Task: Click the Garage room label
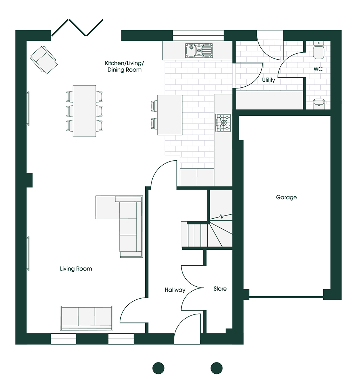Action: point(286,198)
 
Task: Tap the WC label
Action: point(318,69)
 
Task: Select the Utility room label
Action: point(268,80)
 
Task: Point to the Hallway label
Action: point(175,290)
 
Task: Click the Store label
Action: point(220,289)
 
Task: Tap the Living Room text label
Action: point(76,269)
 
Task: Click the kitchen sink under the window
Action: point(199,51)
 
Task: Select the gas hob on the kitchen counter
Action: point(223,123)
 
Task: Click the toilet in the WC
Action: point(319,50)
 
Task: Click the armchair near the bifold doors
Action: point(44,60)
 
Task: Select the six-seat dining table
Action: point(84,111)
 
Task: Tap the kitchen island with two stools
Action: point(169,115)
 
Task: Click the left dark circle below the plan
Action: point(158,368)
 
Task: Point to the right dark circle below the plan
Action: point(216,368)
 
